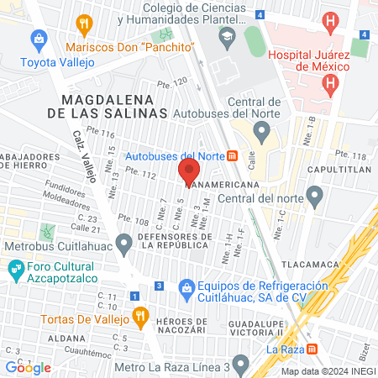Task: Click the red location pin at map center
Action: pyautogui.click(x=188, y=172)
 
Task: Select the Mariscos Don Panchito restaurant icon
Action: pyautogui.click(x=83, y=25)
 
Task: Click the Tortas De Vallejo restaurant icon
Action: pyautogui.click(x=140, y=318)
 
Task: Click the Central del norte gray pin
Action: pyautogui.click(x=315, y=197)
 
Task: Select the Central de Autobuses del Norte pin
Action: pyautogui.click(x=262, y=131)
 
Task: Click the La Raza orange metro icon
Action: pyautogui.click(x=312, y=349)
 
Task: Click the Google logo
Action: pyautogui.click(x=28, y=367)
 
